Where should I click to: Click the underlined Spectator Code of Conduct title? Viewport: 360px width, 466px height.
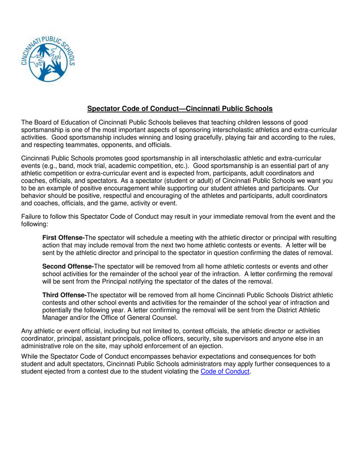pos(180,109)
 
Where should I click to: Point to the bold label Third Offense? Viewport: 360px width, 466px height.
pos(64,295)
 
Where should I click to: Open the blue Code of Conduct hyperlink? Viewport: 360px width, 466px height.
pos(225,371)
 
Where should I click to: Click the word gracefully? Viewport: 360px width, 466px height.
pos(212,137)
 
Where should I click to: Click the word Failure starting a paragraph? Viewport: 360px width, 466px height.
pos(31,216)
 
